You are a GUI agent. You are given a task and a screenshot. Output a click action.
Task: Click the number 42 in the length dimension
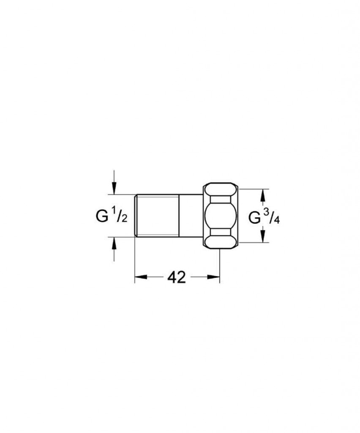(x=177, y=277)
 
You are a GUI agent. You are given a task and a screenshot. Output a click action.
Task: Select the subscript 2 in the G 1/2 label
(x=124, y=219)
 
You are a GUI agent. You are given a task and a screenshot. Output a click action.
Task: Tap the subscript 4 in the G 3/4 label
(x=277, y=220)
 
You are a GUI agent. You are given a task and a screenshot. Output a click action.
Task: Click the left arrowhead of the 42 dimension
(x=141, y=277)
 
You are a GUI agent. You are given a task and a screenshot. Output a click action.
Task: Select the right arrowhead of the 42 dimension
(x=213, y=277)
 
